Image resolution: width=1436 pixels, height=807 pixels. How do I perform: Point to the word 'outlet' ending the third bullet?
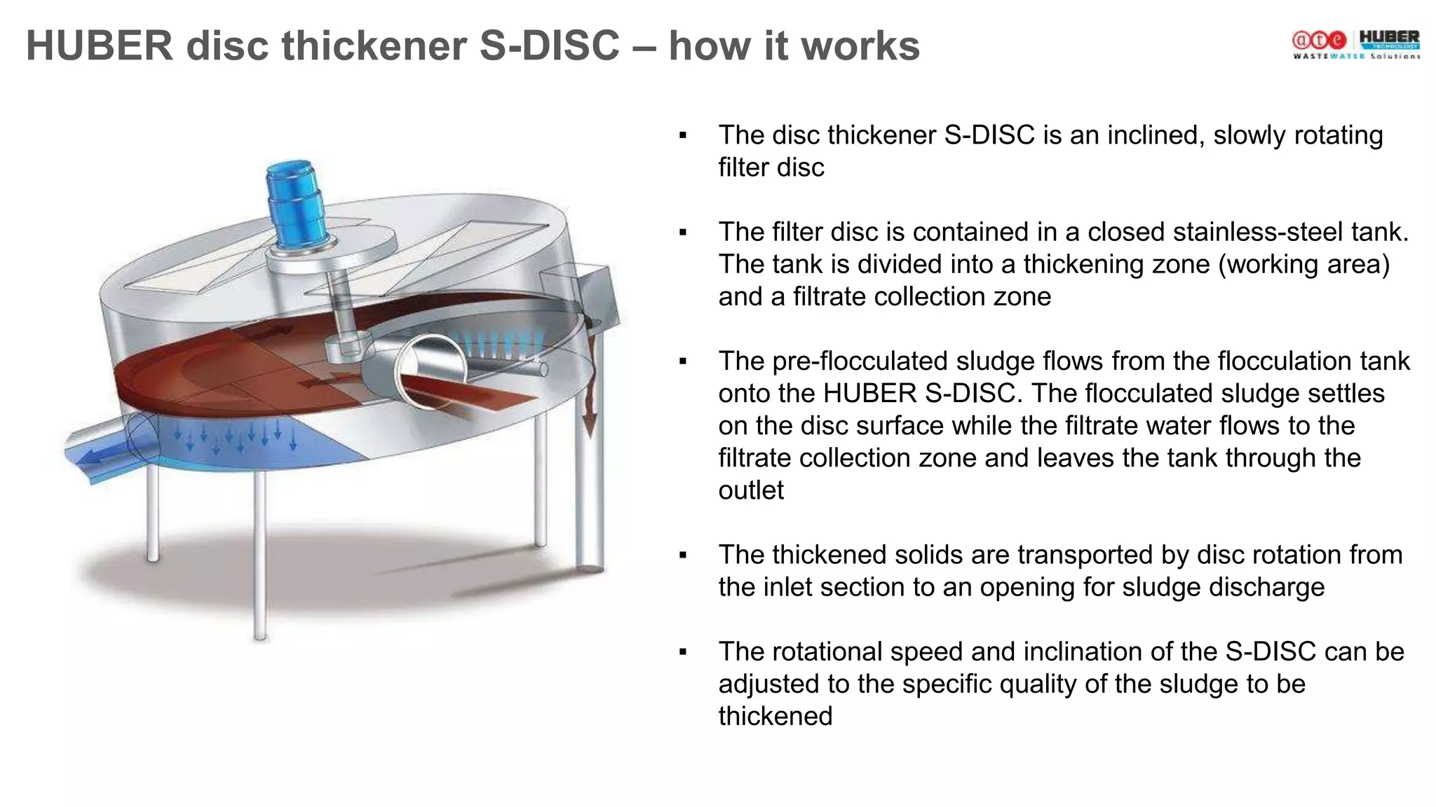click(x=750, y=490)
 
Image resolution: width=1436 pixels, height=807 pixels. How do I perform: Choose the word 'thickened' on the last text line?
click(x=775, y=717)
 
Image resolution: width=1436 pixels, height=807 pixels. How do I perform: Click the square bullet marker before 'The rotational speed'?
click(x=683, y=653)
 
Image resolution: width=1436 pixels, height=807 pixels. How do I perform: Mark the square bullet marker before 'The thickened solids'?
click(x=683, y=556)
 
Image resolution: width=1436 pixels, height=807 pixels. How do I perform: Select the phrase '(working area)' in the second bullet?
click(x=1303, y=265)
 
